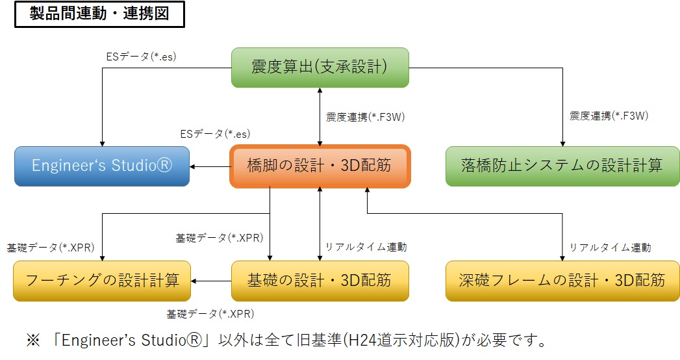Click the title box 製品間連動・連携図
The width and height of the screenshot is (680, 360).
click(100, 14)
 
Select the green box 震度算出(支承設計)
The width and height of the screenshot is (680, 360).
click(320, 68)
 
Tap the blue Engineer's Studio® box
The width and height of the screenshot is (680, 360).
click(102, 166)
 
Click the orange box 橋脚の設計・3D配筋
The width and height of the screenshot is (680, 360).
click(320, 166)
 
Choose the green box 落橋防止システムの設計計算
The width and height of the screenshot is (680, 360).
click(562, 166)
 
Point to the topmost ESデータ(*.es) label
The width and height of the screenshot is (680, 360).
click(141, 57)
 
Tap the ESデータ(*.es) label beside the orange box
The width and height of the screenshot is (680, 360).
click(215, 134)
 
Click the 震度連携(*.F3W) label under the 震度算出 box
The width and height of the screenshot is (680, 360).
click(365, 117)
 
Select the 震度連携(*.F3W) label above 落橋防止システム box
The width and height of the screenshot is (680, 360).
click(609, 116)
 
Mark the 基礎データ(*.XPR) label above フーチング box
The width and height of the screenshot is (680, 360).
click(50, 248)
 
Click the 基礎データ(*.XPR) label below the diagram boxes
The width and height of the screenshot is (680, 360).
click(210, 314)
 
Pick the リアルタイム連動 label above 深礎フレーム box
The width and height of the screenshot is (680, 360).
click(610, 248)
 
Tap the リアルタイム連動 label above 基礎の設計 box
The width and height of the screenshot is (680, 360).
click(366, 247)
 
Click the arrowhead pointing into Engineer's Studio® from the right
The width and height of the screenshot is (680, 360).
click(192, 166)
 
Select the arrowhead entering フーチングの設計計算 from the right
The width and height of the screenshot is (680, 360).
click(194, 281)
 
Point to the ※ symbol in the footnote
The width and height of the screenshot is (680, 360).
click(33, 341)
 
